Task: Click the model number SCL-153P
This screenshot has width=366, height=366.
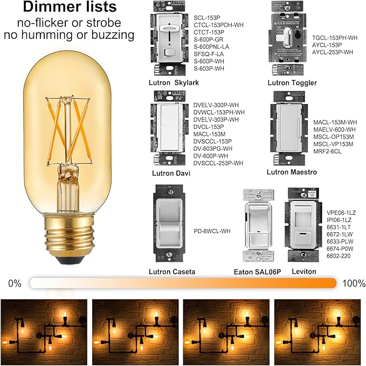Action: (x=207, y=18)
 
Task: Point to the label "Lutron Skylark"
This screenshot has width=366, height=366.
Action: (x=174, y=83)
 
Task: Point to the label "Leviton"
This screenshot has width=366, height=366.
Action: (x=304, y=272)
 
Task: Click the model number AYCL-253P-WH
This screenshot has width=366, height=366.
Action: (x=333, y=52)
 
